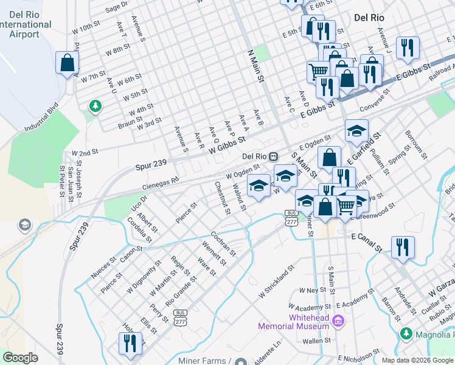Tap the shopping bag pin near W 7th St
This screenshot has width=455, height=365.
coord(67,63)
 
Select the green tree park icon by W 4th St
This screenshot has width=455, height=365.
coord(95,107)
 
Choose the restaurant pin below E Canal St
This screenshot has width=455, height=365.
coord(403,247)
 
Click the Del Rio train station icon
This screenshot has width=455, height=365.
coord(274,156)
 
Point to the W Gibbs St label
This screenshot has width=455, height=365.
coord(226,144)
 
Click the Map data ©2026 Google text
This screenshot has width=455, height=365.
coord(417,360)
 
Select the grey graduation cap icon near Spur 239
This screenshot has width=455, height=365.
coord(25,225)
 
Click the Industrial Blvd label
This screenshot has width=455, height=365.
coord(41,121)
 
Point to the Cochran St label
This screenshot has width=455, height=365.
coord(223,243)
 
